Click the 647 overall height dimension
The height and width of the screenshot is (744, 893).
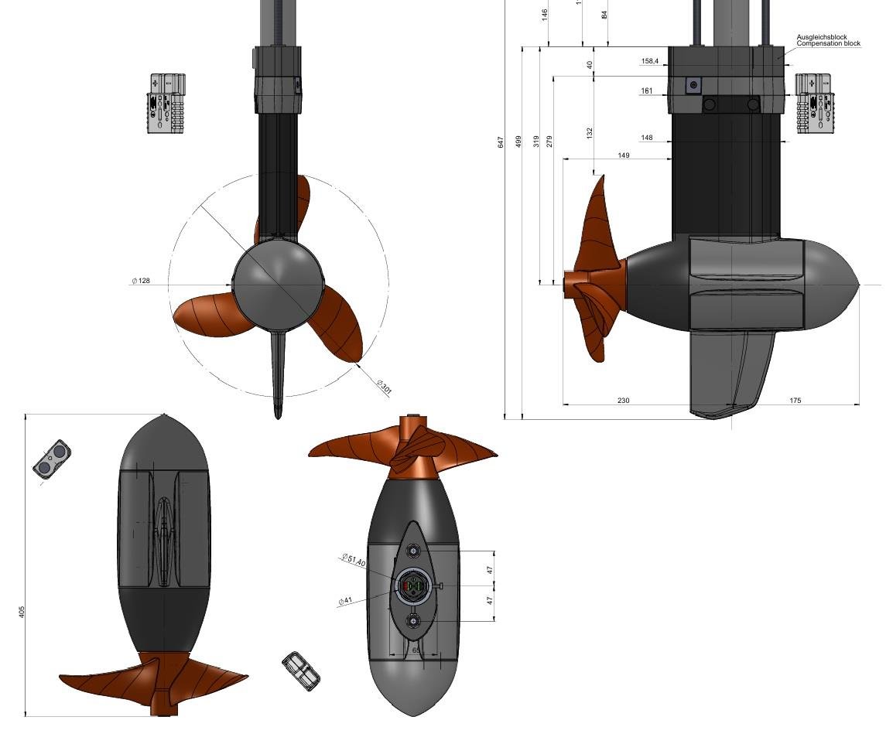pyautogui.click(x=501, y=142)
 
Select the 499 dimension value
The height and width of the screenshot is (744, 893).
pyautogui.click(x=518, y=142)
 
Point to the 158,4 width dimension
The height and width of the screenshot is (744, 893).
pyautogui.click(x=650, y=61)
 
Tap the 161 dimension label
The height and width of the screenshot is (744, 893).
pyautogui.click(x=646, y=91)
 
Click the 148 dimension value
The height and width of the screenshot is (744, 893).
pyautogui.click(x=646, y=138)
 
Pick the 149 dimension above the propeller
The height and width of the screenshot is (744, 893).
pyautogui.click(x=624, y=155)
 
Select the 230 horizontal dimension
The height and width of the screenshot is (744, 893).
pyautogui.click(x=624, y=401)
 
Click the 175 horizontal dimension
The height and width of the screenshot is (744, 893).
pyautogui.click(x=795, y=401)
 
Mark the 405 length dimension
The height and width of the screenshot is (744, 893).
pyautogui.click(x=22, y=612)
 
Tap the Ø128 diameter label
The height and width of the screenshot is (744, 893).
pyautogui.click(x=142, y=281)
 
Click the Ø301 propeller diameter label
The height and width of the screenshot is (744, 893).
pyautogui.click(x=384, y=387)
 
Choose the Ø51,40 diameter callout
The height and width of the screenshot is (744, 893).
pyautogui.click(x=354, y=561)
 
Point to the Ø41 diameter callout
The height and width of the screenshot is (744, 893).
pyautogui.click(x=345, y=601)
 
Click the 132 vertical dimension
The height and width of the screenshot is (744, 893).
pyautogui.click(x=590, y=133)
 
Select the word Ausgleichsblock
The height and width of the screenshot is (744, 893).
pyautogui.click(x=822, y=37)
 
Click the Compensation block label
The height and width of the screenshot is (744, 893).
pyautogui.click(x=828, y=44)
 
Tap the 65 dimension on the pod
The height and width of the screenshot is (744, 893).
pyautogui.click(x=416, y=650)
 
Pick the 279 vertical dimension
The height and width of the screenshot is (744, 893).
pyautogui.click(x=549, y=142)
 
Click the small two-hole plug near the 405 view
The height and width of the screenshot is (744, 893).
pyautogui.click(x=52, y=459)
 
